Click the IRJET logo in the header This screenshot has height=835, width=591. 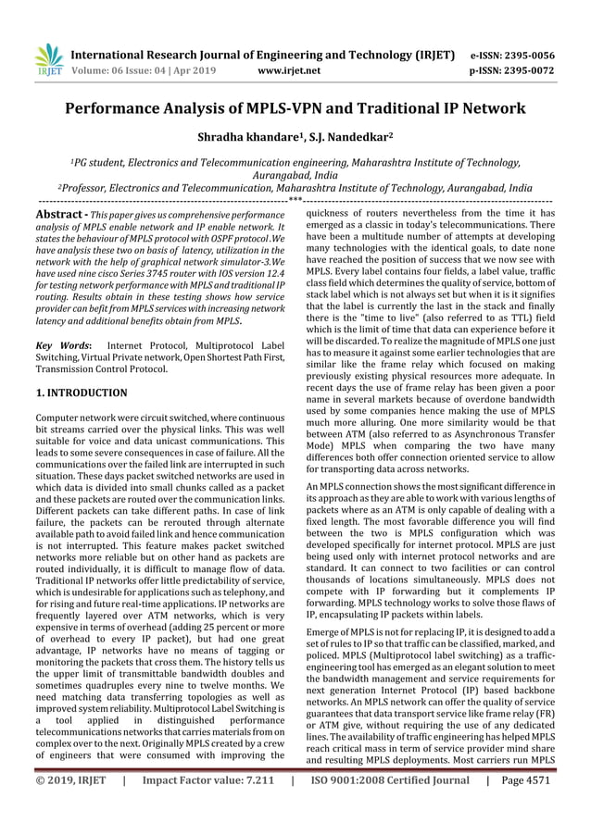pos(46,58)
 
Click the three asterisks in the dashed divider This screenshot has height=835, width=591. pos(295,198)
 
